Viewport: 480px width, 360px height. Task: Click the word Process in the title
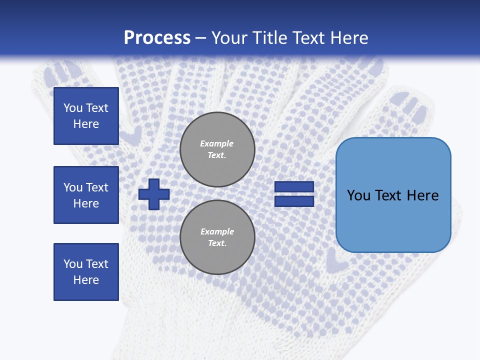click(x=157, y=38)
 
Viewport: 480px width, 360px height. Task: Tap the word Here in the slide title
click(x=348, y=38)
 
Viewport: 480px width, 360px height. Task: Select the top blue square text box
click(x=86, y=116)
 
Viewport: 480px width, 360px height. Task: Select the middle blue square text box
click(x=86, y=195)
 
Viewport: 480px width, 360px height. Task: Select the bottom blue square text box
click(x=86, y=272)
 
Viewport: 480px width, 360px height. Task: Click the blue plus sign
click(x=154, y=194)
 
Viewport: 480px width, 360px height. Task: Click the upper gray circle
click(x=217, y=149)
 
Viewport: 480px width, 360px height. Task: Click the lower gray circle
click(x=217, y=237)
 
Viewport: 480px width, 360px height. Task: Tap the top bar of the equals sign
click(x=294, y=187)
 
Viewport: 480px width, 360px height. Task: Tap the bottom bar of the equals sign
click(x=294, y=201)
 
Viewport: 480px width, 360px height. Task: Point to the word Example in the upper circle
click(x=216, y=144)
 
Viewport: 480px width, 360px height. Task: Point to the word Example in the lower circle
click(x=217, y=232)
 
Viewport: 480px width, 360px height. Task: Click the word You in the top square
click(x=73, y=108)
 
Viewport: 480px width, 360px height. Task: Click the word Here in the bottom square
click(x=86, y=280)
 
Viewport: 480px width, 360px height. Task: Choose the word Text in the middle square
click(x=97, y=187)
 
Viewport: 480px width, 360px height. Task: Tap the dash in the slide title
click(x=200, y=38)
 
